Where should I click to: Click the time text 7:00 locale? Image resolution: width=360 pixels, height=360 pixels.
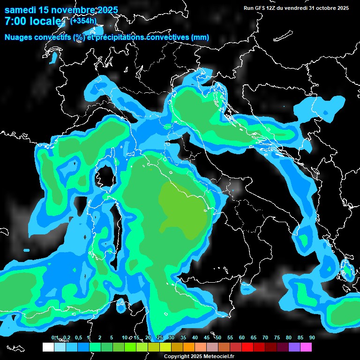pos(33,22)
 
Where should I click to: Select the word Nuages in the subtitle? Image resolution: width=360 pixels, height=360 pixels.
pos(18,37)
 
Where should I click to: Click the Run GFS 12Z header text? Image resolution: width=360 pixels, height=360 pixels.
pos(262,8)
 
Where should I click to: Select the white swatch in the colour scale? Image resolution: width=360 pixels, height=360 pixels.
pos(48,347)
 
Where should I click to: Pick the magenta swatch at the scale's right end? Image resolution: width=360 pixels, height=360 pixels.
pos(306,347)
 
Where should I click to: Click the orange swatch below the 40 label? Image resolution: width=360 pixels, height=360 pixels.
pos(189,347)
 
